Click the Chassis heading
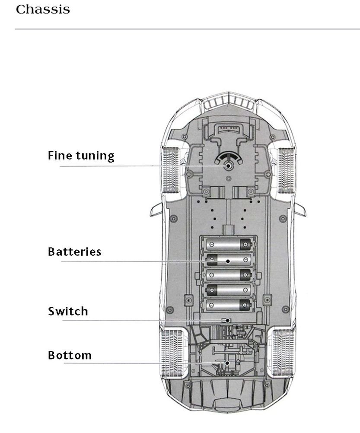tap(42, 10)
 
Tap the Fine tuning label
tap(81, 156)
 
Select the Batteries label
tap(74, 252)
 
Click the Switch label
tap(68, 311)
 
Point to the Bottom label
tap(70, 355)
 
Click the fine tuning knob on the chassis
tap(228, 165)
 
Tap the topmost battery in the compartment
tap(229, 245)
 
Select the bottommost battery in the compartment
tap(229, 305)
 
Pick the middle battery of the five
tap(229, 274)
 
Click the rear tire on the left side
tap(170, 352)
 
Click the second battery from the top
tap(229, 260)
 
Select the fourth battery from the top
tap(229, 290)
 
